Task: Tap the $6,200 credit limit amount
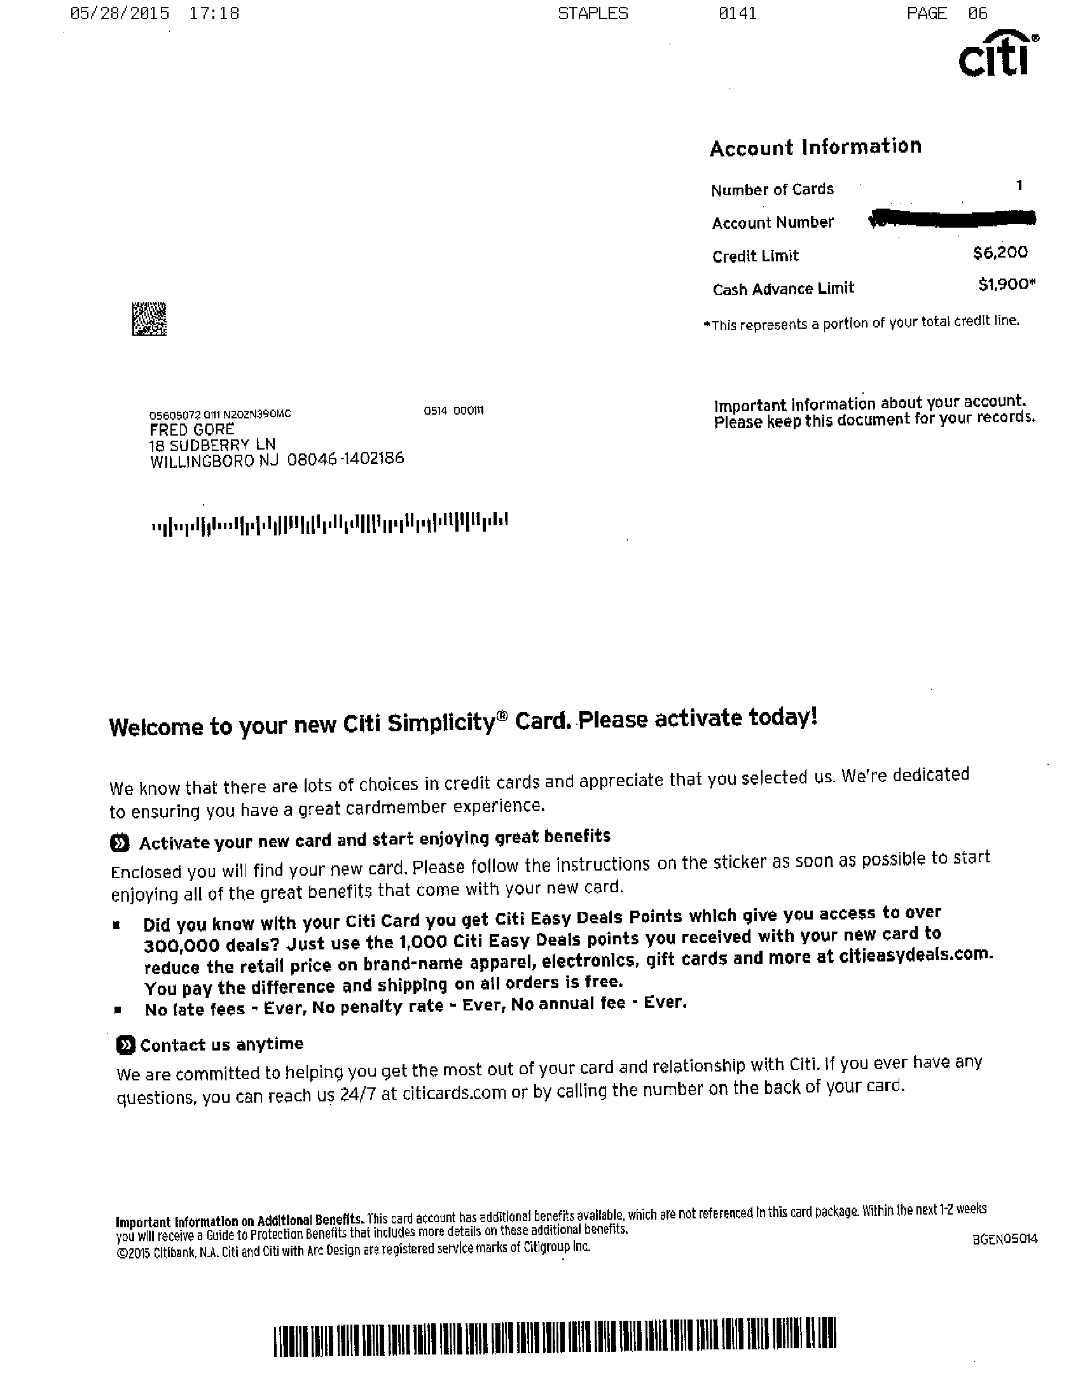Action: click(x=1000, y=252)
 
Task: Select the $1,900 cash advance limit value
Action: click(x=1005, y=285)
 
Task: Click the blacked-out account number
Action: click(x=951, y=218)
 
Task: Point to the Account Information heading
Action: click(x=815, y=148)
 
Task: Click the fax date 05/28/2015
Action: click(x=120, y=14)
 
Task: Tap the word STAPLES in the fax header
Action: click(x=593, y=14)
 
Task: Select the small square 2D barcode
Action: click(x=149, y=319)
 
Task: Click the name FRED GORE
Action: click(x=191, y=429)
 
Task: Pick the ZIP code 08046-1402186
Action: click(x=345, y=458)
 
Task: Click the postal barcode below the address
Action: click(x=329, y=523)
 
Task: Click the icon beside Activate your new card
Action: click(x=119, y=843)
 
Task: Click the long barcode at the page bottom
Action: click(x=555, y=1340)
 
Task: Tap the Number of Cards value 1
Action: click(x=1019, y=185)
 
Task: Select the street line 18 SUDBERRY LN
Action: click(x=212, y=444)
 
